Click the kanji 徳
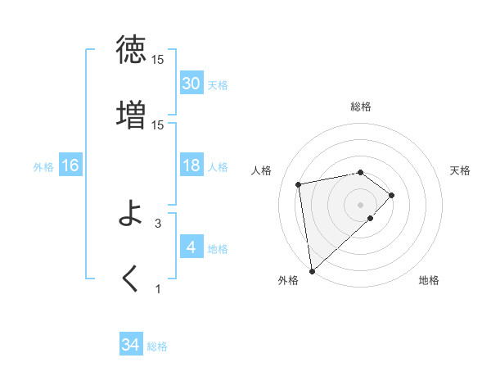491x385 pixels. coord(132,50)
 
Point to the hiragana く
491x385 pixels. coord(131,279)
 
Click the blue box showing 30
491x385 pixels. coord(191,84)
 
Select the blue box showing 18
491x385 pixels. coord(191,165)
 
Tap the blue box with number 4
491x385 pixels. coord(191,247)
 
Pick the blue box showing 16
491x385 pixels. coord(70,165)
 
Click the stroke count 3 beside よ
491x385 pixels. coord(158,222)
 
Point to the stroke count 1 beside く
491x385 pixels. coord(158,288)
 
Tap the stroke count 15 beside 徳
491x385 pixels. coord(158,60)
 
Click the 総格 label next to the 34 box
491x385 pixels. coord(157,346)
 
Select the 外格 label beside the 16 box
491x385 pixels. coord(43,167)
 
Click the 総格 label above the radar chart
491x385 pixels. coord(361,106)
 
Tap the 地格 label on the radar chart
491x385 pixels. coord(429,280)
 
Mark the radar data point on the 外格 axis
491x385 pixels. coord(311,270)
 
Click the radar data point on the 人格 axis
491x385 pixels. coord(299,183)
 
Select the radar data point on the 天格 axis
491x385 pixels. coord(392,195)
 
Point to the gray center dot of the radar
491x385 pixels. coord(361,204)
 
